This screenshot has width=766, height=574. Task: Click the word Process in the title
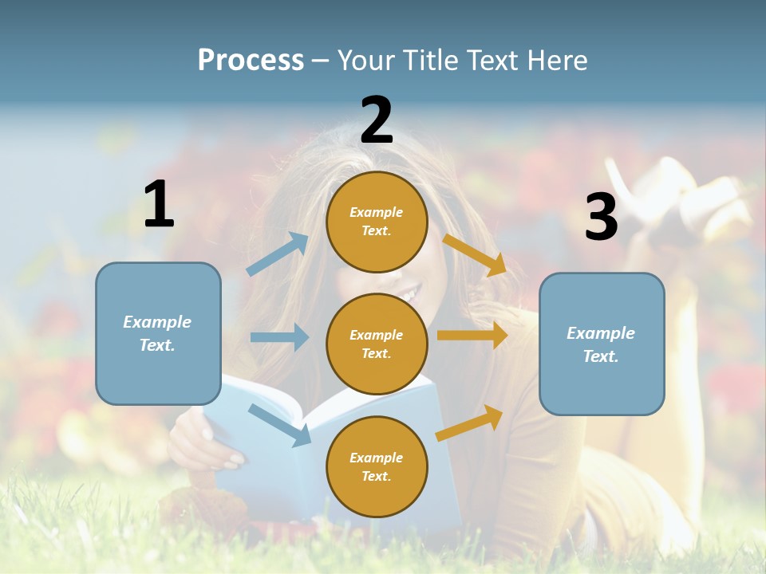point(251,61)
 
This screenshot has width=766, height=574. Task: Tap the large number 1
point(159,205)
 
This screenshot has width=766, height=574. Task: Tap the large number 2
point(377,120)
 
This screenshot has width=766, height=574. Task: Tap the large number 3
point(601,217)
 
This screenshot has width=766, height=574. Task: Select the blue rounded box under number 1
point(158,333)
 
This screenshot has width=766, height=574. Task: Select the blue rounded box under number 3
point(602,344)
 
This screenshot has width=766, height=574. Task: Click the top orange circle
point(377,222)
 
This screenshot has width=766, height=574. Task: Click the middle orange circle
point(377,344)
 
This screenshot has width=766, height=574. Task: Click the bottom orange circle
point(377,466)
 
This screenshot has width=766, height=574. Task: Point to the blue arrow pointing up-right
point(278,254)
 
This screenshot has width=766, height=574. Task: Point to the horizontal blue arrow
point(279,337)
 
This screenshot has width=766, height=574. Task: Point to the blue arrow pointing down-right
point(280,424)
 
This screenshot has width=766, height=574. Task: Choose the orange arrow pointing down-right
point(474,255)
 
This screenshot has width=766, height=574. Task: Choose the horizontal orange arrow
point(472,335)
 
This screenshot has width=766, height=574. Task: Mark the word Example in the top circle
point(377,212)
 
